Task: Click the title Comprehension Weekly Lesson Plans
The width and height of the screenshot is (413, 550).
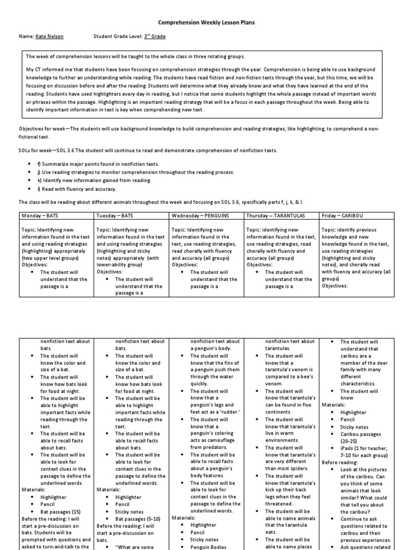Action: point(206,24)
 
